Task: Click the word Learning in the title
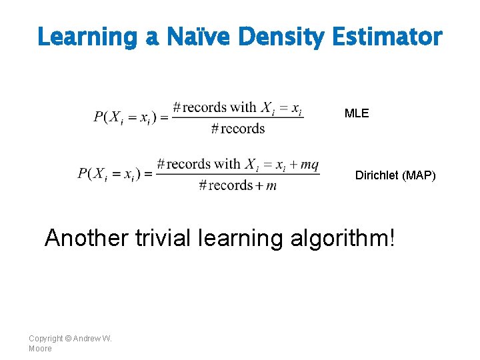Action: click(x=87, y=37)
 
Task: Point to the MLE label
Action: click(x=356, y=113)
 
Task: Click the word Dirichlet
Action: click(x=375, y=175)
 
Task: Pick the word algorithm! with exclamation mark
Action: click(x=343, y=239)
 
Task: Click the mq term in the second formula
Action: click(x=309, y=165)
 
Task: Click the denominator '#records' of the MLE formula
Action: click(x=237, y=129)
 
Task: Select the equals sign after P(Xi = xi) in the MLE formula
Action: click(x=162, y=117)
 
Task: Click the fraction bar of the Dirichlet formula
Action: click(x=237, y=175)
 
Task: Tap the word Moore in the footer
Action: click(x=40, y=348)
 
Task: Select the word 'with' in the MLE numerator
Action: click(x=243, y=107)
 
